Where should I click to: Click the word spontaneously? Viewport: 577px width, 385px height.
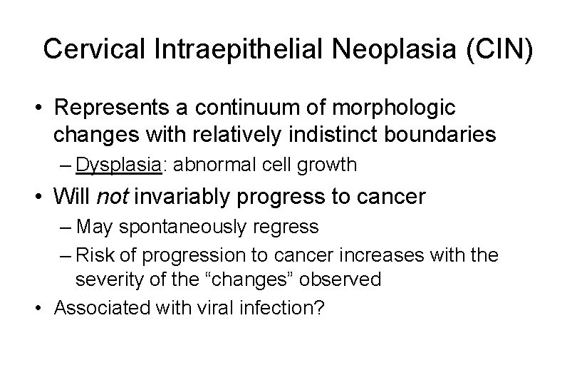coord(180,227)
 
